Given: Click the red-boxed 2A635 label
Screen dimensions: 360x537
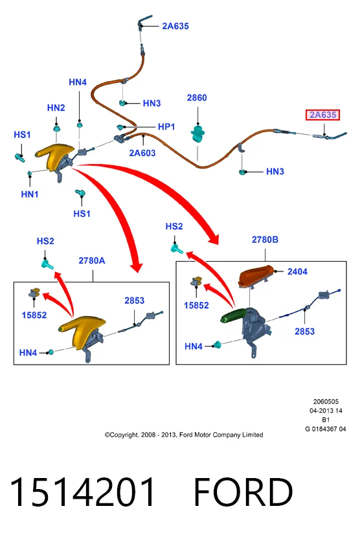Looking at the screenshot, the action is point(322,115).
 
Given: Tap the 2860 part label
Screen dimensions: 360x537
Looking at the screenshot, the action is point(197,98).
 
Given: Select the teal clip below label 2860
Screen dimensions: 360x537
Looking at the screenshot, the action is point(197,133).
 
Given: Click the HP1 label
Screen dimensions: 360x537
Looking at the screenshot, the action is point(166,127).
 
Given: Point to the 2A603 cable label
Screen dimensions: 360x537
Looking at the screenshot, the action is point(142,153).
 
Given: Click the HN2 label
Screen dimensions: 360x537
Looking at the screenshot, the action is point(56,108).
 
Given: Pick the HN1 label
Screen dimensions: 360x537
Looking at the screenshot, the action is point(30,194).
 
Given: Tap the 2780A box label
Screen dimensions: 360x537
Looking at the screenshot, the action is point(92,260).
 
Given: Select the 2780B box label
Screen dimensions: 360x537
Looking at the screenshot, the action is point(265,240).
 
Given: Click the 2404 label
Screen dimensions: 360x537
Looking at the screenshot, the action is point(297,271).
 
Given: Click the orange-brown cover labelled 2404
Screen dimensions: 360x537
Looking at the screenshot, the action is point(256,276).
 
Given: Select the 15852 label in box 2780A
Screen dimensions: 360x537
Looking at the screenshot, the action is point(34,315).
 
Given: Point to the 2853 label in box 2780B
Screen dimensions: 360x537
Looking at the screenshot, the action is point(304,331).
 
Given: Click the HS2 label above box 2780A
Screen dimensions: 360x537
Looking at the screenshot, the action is point(45,241).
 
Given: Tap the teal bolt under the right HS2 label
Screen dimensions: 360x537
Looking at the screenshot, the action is point(177,249).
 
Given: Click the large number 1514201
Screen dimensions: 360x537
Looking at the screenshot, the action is point(82,492).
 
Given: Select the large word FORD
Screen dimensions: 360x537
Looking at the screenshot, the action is point(243,492).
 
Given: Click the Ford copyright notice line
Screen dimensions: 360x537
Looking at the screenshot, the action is point(184,435).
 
